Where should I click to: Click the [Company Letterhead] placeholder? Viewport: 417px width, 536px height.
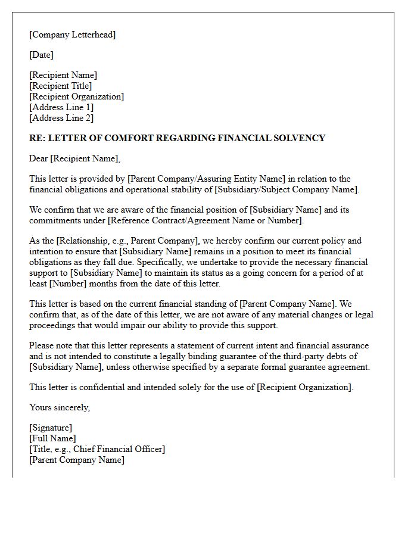(x=73, y=35)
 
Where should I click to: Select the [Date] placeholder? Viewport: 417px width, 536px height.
(x=41, y=55)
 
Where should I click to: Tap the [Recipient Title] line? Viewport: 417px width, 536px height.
(x=61, y=86)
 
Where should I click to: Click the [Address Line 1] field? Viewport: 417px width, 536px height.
(x=61, y=107)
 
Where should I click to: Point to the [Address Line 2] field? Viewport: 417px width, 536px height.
(x=61, y=118)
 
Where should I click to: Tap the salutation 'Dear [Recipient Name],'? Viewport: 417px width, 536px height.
(x=75, y=158)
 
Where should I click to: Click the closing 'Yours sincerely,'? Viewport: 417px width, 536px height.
(x=60, y=407)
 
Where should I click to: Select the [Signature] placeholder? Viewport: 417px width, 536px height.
(x=51, y=428)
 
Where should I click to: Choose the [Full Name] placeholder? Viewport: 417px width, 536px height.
(x=52, y=438)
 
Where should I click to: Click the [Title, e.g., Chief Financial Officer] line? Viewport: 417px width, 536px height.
(x=97, y=449)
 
